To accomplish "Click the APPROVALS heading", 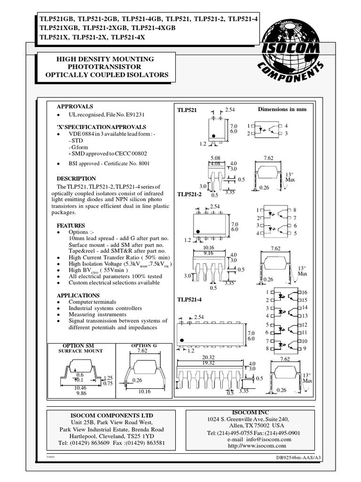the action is click(75, 106).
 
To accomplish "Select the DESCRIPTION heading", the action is click(76, 179).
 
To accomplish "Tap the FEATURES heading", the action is click(71, 225).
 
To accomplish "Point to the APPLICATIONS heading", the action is click(78, 295).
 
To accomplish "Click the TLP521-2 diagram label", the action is click(189, 194).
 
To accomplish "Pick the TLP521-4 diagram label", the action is click(189, 300).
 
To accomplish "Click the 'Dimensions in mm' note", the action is click(282, 109).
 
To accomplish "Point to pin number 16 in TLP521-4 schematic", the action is click(304, 293).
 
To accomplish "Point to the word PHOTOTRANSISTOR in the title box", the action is click(106, 67).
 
